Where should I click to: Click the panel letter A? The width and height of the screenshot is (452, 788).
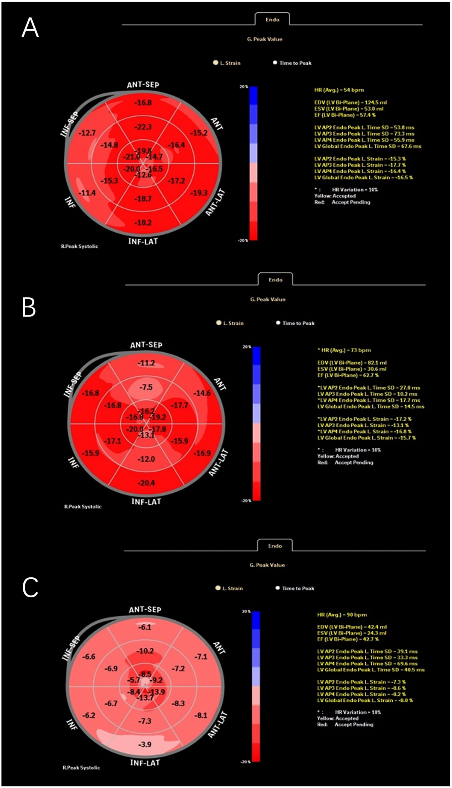click(30, 28)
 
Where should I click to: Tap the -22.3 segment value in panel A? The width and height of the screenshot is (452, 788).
click(143, 127)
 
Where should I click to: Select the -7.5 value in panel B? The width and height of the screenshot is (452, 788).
click(146, 387)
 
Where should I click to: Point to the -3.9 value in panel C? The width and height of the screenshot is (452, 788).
click(145, 744)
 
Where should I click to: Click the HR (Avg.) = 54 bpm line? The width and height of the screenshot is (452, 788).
click(339, 90)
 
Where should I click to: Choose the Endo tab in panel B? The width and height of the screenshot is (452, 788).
click(275, 280)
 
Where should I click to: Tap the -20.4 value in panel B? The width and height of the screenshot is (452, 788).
click(146, 483)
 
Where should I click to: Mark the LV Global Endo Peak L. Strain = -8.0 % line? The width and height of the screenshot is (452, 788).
click(365, 700)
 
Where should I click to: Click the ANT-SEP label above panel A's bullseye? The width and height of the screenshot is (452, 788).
click(143, 84)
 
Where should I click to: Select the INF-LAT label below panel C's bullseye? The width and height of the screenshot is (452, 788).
click(145, 762)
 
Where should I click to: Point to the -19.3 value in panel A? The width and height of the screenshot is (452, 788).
click(199, 193)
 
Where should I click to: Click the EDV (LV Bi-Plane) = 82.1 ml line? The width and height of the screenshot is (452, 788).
click(352, 363)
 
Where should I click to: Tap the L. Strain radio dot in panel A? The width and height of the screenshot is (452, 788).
click(216, 63)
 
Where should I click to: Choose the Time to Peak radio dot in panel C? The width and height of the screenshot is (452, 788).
click(278, 588)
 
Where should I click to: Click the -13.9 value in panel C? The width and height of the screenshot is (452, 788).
click(156, 692)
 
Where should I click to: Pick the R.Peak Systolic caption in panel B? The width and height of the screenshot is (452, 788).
click(83, 507)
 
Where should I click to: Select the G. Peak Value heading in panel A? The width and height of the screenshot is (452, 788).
click(264, 39)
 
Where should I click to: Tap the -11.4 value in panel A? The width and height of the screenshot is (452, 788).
click(87, 193)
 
